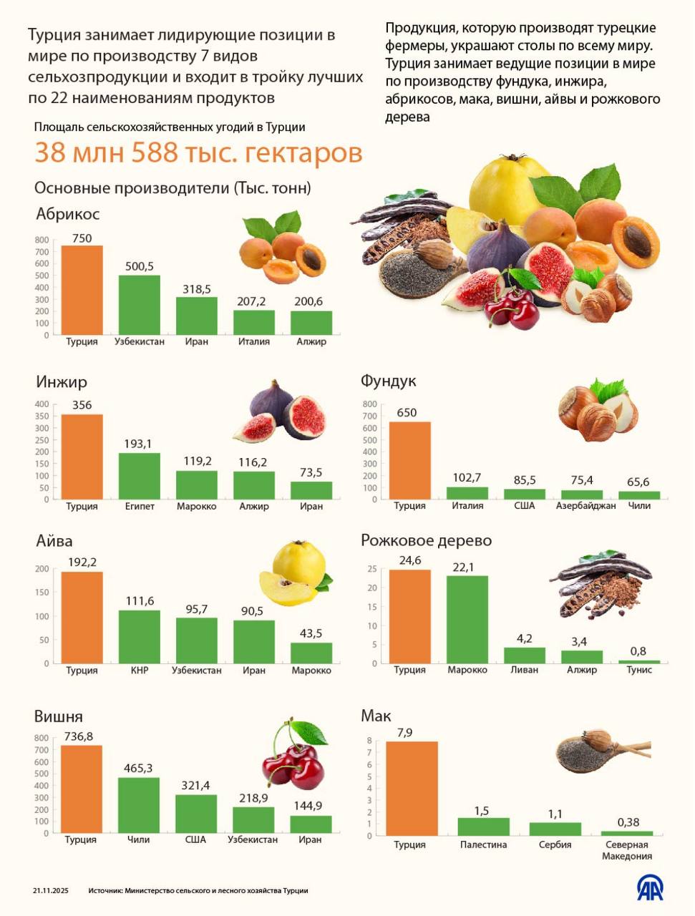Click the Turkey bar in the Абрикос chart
point(82,290)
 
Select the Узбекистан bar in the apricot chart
point(139,305)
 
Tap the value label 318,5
point(196,289)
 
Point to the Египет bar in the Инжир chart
point(139,476)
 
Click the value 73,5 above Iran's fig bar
point(311,472)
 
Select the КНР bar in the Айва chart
point(139,636)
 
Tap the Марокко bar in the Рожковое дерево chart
point(467,619)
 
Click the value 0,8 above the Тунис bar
point(638,651)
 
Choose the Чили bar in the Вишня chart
point(138,805)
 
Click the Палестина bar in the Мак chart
point(483,827)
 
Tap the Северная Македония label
point(626,850)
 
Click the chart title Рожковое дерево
point(426,540)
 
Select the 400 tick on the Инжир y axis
point(42,404)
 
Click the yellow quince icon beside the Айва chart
point(295,572)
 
